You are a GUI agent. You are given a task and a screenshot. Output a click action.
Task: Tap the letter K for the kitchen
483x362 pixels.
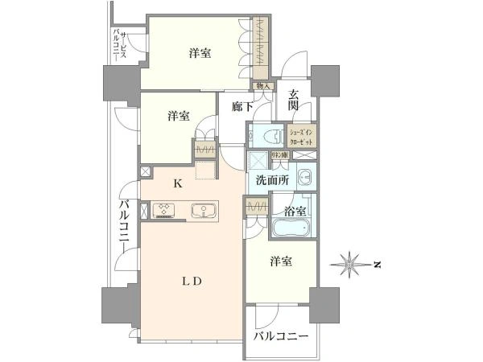pos(179,183)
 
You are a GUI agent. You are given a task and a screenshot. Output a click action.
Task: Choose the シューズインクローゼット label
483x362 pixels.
pos(303,135)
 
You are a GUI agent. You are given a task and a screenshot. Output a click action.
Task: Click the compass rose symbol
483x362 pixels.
pos(350,263)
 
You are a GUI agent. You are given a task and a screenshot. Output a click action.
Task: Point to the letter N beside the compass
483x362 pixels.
pos(375,264)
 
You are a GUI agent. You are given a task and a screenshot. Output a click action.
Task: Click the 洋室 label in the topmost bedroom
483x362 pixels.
pos(200,54)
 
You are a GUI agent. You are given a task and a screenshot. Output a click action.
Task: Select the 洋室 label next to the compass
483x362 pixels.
pos(280,261)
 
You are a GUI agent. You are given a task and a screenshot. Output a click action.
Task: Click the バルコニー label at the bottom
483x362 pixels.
pos(282,336)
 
